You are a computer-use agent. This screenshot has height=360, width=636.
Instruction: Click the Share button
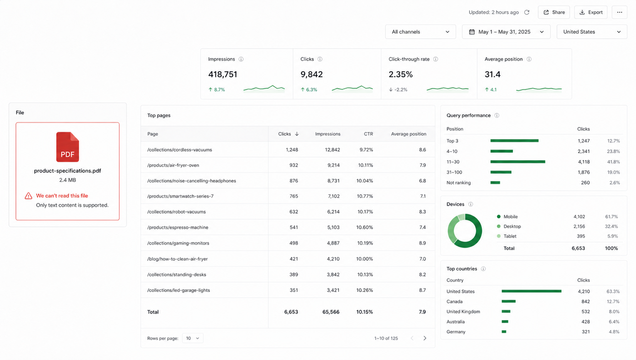[x=554, y=12]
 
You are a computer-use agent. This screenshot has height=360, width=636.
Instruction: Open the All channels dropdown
[x=420, y=32]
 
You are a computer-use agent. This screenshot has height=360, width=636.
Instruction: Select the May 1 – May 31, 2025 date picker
[x=506, y=32]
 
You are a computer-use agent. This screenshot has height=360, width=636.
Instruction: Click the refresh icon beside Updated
[x=527, y=12]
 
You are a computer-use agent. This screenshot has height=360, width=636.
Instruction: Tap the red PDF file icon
[x=68, y=147]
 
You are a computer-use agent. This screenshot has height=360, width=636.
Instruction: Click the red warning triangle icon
[x=28, y=196]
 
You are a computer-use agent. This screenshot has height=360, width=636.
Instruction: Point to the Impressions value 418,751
[x=223, y=75]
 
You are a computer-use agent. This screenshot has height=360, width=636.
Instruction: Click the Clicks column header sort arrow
[x=297, y=134]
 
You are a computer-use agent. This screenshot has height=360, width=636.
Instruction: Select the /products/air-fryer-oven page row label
[x=173, y=165]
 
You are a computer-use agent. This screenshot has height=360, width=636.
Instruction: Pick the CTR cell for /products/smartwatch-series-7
[x=365, y=196]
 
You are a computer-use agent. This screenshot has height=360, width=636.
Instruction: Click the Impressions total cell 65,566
[x=331, y=312]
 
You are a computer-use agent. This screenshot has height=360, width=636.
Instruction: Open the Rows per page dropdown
[x=193, y=338]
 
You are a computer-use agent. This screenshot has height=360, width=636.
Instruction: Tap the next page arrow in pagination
[x=425, y=338]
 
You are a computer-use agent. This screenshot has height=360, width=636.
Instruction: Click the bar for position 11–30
[x=517, y=162]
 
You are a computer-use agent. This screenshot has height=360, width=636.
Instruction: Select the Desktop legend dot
[x=499, y=226]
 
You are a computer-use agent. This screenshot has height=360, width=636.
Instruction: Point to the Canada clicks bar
[x=508, y=301]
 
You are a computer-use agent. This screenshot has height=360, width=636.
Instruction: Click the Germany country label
[x=456, y=331]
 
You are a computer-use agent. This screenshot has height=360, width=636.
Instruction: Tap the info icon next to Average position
[x=529, y=59]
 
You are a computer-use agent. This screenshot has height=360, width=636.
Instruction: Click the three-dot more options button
[x=620, y=12]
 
